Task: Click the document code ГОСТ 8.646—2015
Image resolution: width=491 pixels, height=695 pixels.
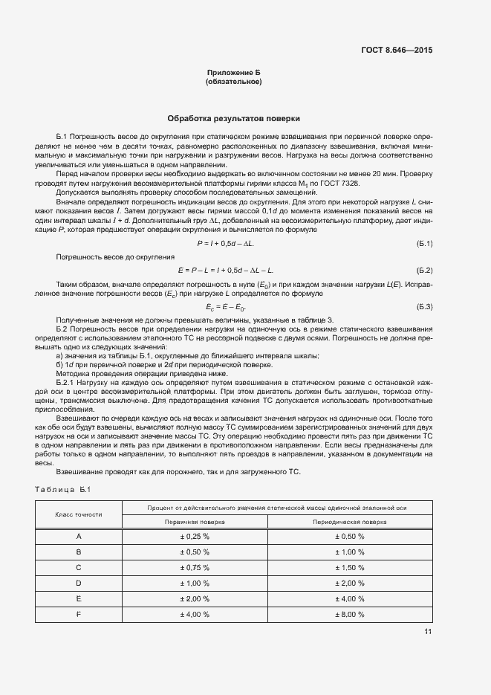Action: pos(396,51)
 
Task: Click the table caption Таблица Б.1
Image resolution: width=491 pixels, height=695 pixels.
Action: pos(63,488)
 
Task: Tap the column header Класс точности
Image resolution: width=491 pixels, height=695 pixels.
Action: pos(78,514)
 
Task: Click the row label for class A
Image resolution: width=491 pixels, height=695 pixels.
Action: pos(78,536)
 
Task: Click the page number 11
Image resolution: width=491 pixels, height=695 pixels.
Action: pos(428,633)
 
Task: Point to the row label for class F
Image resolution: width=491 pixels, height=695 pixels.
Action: pos(78,615)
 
